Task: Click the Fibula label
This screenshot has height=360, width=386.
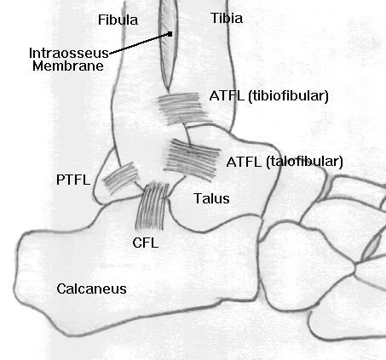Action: pyautogui.click(x=118, y=20)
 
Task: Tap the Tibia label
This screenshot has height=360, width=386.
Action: pyautogui.click(x=227, y=19)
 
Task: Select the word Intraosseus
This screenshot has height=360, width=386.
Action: pyautogui.click(x=69, y=53)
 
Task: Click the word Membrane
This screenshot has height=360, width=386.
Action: pyautogui.click(x=68, y=66)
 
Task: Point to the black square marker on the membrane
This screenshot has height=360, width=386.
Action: pyautogui.click(x=170, y=34)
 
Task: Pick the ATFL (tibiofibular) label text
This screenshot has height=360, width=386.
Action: pyautogui.click(x=268, y=96)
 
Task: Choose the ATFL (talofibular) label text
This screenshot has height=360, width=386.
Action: pyautogui.click(x=285, y=162)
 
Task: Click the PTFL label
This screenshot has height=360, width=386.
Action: pyautogui.click(x=73, y=180)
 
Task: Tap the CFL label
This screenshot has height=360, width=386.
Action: pyautogui.click(x=145, y=243)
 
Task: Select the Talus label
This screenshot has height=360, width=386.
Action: pyautogui.click(x=211, y=198)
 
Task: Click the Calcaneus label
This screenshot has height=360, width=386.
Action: pyautogui.click(x=91, y=289)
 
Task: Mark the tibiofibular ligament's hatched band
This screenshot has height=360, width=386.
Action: pyautogui.click(x=184, y=109)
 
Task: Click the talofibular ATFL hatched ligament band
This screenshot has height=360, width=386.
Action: pyautogui.click(x=192, y=159)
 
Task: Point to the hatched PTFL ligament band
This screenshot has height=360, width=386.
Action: pyautogui.click(x=121, y=178)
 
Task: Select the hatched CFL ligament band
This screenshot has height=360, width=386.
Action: pyautogui.click(x=152, y=206)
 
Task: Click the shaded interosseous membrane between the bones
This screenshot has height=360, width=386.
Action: pyautogui.click(x=168, y=45)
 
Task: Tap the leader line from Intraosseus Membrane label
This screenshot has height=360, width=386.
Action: pyautogui.click(x=140, y=43)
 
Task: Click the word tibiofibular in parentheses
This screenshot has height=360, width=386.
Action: pyautogui.click(x=288, y=96)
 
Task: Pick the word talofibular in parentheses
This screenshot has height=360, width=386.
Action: pyautogui.click(x=305, y=162)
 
